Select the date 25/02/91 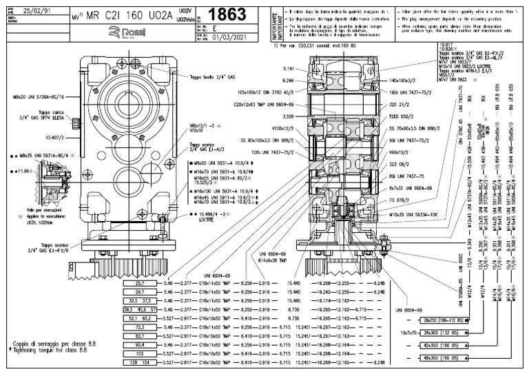tap(37, 12)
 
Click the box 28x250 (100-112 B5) tap(440, 320)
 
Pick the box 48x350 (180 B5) tap(440, 359)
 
